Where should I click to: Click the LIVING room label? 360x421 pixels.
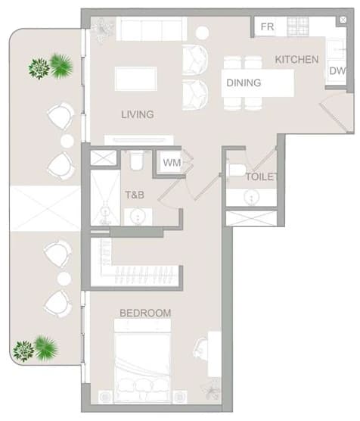click(138, 114)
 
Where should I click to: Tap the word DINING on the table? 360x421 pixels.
click(244, 83)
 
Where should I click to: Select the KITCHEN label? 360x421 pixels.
click(296, 59)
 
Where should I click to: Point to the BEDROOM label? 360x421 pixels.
click(145, 313)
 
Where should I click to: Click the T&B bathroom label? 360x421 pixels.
click(135, 195)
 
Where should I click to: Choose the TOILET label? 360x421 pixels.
click(261, 176)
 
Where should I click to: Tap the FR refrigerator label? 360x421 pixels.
click(267, 27)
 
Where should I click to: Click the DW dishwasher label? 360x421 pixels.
click(337, 71)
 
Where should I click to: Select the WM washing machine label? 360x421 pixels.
click(172, 163)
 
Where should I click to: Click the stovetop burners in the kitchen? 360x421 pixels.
click(297, 27)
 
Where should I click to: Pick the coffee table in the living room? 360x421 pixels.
click(136, 79)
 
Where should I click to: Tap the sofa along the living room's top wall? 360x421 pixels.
click(151, 29)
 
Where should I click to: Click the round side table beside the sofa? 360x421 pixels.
click(202, 33)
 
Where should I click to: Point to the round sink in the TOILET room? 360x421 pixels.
click(252, 198)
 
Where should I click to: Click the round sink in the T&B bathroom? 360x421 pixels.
click(138, 217)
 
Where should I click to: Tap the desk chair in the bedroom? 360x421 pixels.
click(200, 348)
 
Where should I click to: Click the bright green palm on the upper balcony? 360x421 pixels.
click(61, 66)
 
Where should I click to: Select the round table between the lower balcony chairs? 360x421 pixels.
click(64, 279)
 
